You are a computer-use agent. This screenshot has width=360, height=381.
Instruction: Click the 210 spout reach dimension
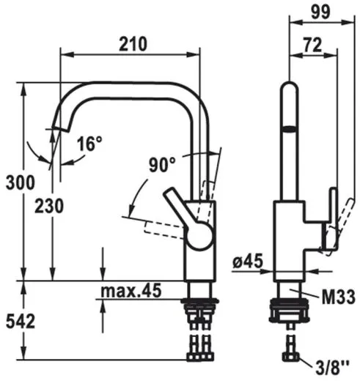(133, 44)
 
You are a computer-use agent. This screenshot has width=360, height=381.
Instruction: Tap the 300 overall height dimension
(21, 182)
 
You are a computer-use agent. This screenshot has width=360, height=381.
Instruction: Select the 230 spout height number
(49, 206)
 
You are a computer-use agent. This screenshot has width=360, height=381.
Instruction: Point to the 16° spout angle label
(89, 144)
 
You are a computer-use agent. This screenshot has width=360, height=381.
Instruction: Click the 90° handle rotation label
(163, 165)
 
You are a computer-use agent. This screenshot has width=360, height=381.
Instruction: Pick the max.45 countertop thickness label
(131, 290)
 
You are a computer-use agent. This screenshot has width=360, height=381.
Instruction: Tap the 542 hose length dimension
(21, 322)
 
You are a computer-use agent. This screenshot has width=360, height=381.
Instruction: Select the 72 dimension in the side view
(312, 45)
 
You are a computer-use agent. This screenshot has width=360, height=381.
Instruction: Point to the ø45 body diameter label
(248, 261)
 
